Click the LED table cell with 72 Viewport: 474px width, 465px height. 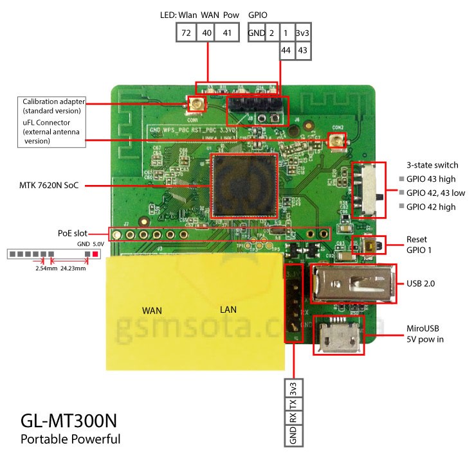point(186,33)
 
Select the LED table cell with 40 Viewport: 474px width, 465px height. point(207,33)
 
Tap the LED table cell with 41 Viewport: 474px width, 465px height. point(228,33)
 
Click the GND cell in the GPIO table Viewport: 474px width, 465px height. point(256,33)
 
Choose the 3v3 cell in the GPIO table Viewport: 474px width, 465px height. point(302,33)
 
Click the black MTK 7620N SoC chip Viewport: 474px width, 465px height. point(243,186)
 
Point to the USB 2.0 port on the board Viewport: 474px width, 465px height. point(353,283)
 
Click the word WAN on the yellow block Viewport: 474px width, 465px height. point(152,310)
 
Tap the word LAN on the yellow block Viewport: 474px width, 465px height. point(228,310)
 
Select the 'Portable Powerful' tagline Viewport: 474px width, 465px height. point(70,440)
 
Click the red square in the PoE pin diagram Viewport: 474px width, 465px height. point(96,254)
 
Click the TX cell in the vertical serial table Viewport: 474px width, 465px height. point(293,405)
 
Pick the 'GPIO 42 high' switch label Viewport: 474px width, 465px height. point(431,207)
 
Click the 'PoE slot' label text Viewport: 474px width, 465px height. point(72,234)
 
